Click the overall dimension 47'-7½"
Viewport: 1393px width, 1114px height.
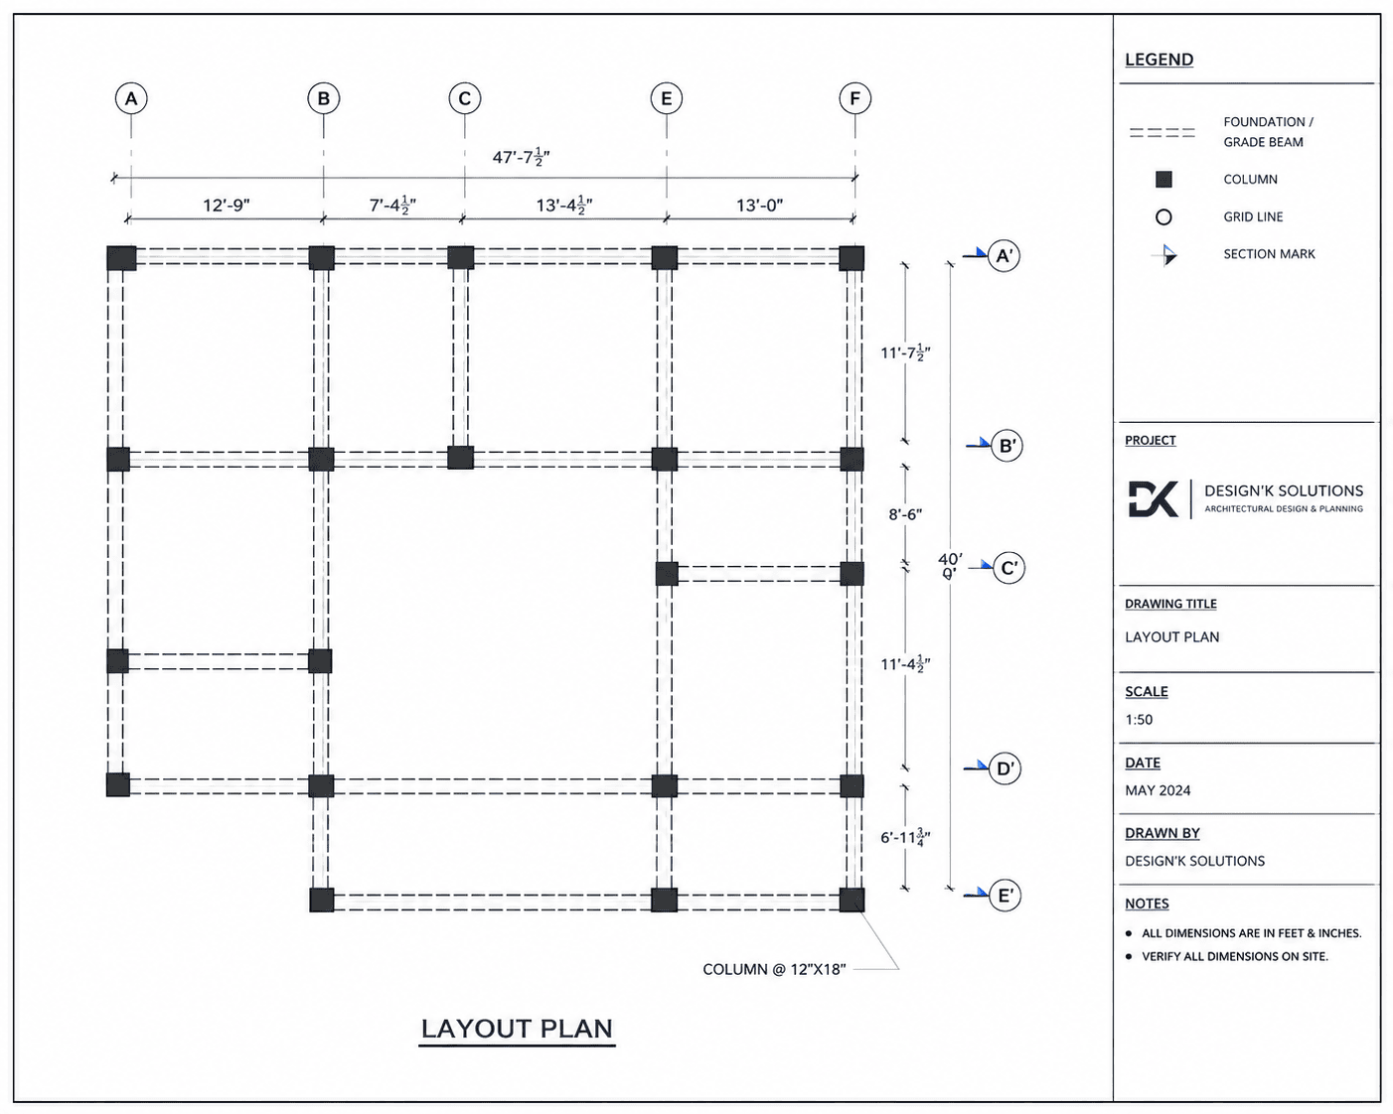pos(521,157)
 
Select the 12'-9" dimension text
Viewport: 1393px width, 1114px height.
pos(227,206)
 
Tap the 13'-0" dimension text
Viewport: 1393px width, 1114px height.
pos(759,206)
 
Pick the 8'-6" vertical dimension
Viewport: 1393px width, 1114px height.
pos(905,514)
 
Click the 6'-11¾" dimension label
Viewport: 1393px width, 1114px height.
pos(905,838)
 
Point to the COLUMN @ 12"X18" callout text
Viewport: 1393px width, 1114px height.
pos(774,969)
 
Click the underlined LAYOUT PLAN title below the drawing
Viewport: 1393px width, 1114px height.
pos(517,1029)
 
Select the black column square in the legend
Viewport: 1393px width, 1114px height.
pos(1163,179)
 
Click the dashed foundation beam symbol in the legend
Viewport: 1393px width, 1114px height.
pos(1162,133)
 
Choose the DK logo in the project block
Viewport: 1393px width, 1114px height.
pos(1154,498)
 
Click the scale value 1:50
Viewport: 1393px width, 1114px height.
pos(1139,720)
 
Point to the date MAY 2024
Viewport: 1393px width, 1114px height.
pos(1159,790)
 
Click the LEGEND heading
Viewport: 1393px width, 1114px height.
pos(1160,60)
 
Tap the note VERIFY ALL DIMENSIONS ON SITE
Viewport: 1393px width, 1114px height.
pos(1235,956)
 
